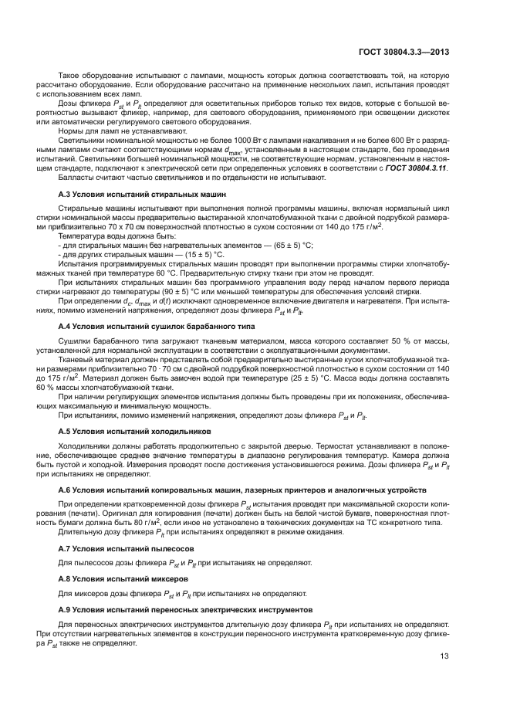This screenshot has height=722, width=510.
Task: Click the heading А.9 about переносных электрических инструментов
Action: [x=181, y=608]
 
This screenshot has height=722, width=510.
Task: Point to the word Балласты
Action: [x=76, y=177]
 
